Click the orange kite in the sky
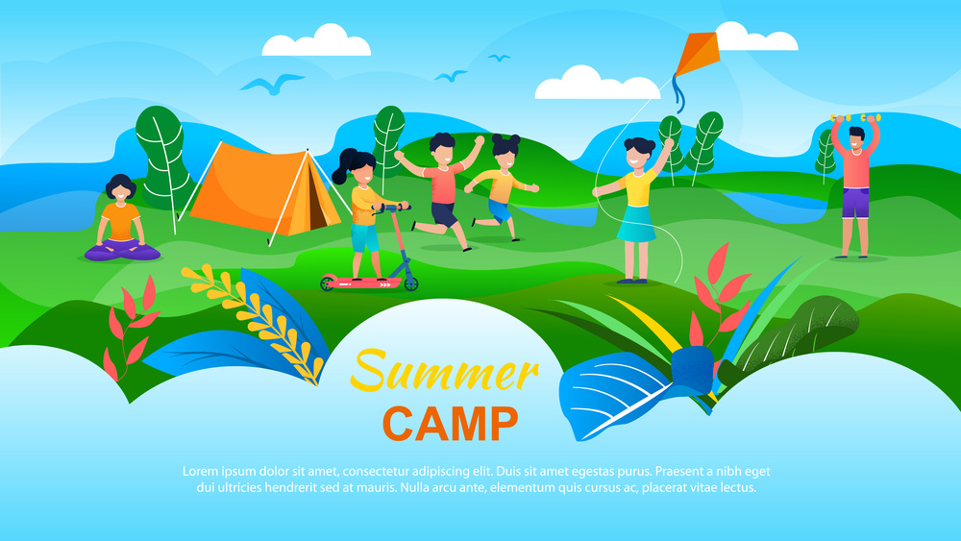[x=698, y=54]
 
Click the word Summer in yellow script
[x=445, y=370]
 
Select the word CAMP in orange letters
[x=451, y=424]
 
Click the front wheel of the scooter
[x=410, y=283]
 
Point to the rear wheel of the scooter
[x=328, y=283]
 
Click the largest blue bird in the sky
[x=272, y=84]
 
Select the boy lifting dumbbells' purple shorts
[x=855, y=203]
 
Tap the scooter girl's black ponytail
[x=344, y=165]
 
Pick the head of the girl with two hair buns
[x=505, y=152]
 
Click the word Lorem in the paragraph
[x=200, y=471]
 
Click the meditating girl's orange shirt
[x=121, y=222]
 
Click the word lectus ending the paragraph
[x=741, y=488]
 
